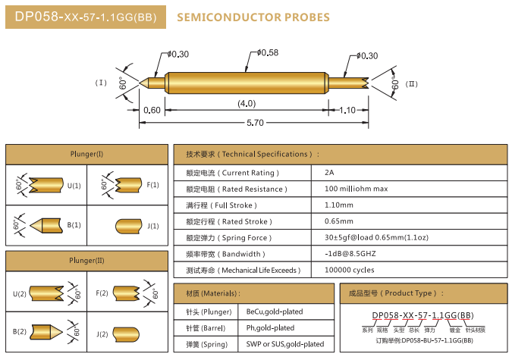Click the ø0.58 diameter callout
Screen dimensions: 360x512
pyautogui.click(x=268, y=52)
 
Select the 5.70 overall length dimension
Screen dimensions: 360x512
pyautogui.click(x=255, y=123)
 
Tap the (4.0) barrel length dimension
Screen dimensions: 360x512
pyautogui.click(x=247, y=102)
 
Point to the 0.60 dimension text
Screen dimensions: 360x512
pyautogui.click(x=152, y=110)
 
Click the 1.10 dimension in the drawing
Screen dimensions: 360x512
pyautogui.click(x=347, y=110)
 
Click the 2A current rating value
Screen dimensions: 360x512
pyautogui.click(x=328, y=172)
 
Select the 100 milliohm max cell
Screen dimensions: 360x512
pyautogui.click(x=356, y=189)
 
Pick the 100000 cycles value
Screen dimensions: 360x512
pyautogui.click(x=349, y=270)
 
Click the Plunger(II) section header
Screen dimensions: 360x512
pyautogui.click(x=86, y=261)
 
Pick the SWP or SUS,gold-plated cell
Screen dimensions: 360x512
pyautogui.click(x=285, y=344)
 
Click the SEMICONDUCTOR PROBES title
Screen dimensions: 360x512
pyautogui.click(x=253, y=17)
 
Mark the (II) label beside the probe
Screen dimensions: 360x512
pyautogui.click(x=412, y=83)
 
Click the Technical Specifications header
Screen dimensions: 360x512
pyautogui.click(x=248, y=154)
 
